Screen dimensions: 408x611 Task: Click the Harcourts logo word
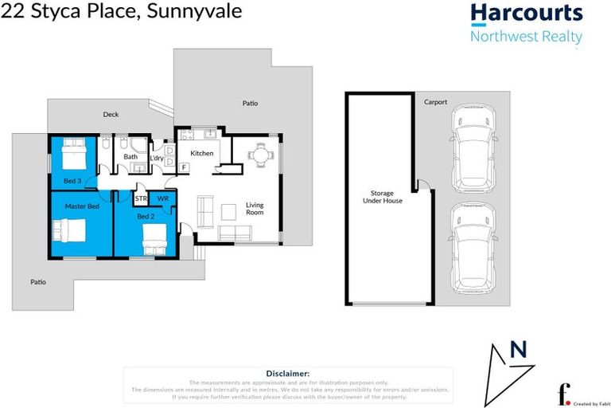(x=526, y=14)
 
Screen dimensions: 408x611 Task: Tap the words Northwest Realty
(x=526, y=37)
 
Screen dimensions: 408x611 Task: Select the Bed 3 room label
(x=72, y=181)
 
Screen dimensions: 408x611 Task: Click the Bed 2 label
(x=144, y=217)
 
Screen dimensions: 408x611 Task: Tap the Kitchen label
(x=201, y=153)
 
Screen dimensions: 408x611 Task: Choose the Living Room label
(x=255, y=209)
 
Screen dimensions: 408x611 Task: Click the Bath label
(x=130, y=157)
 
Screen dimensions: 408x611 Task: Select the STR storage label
(x=141, y=198)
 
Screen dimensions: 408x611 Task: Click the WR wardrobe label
(x=162, y=198)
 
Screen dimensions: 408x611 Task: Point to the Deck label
(x=111, y=115)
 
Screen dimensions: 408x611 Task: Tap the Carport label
(x=435, y=102)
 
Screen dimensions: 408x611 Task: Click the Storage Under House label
(x=382, y=197)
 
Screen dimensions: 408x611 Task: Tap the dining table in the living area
(x=260, y=155)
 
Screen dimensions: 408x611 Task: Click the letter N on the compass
(x=518, y=349)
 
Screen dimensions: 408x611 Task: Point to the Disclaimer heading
(x=287, y=373)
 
